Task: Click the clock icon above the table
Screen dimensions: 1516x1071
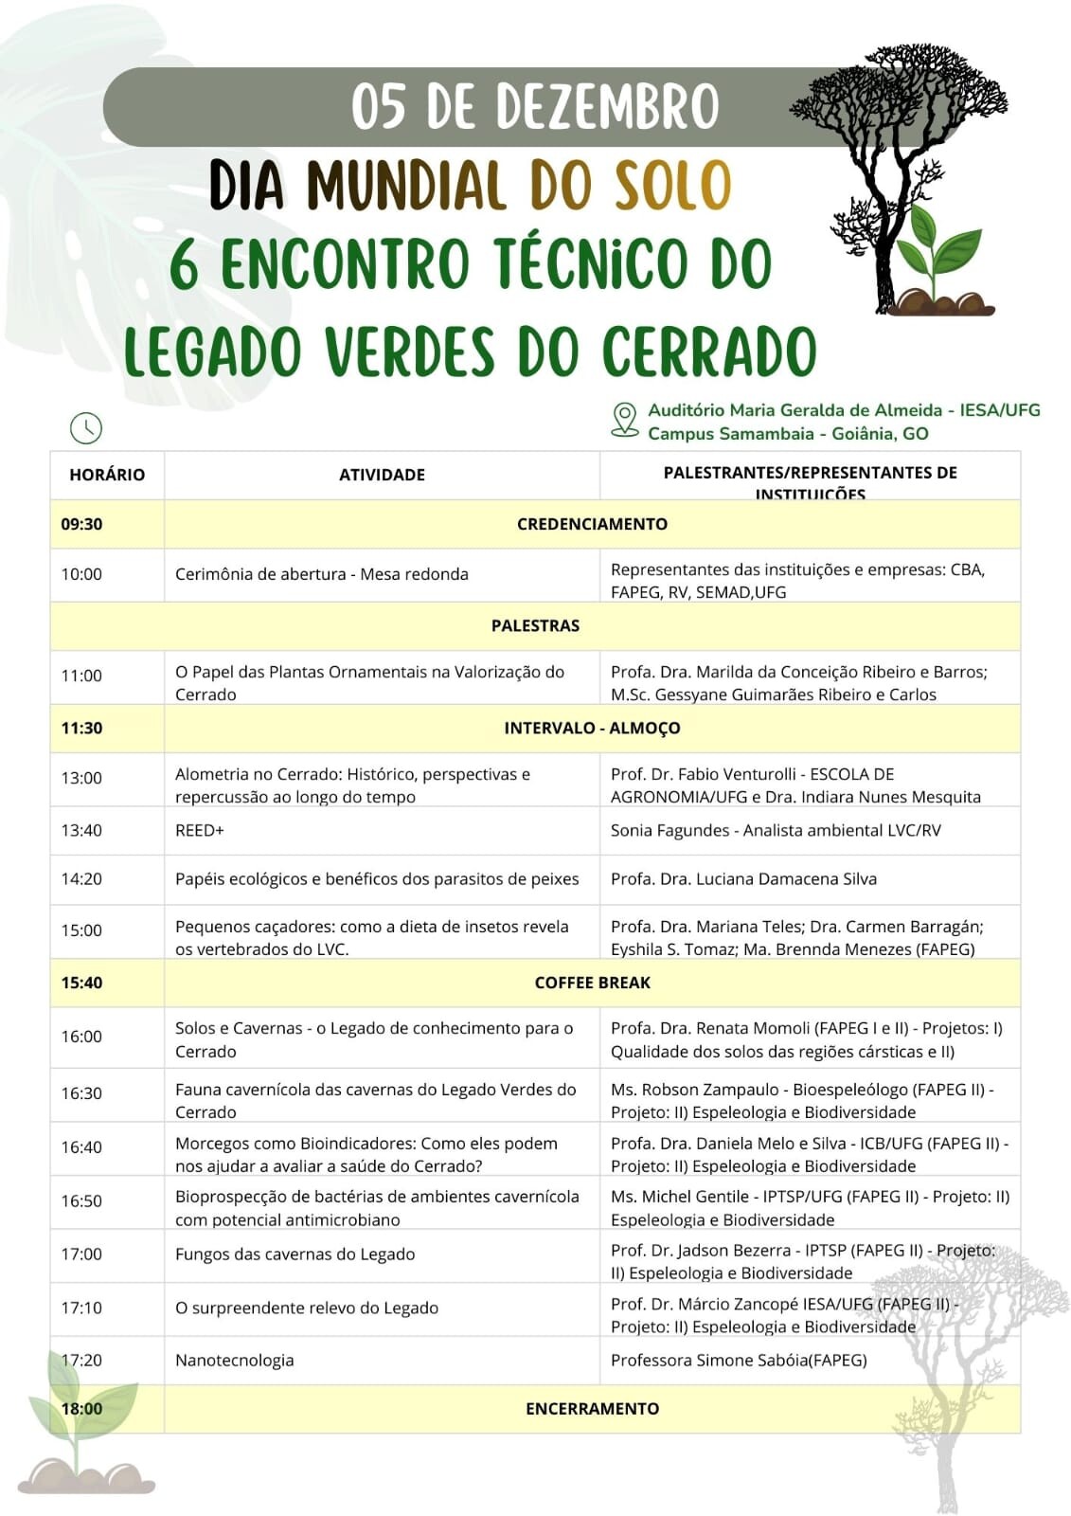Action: [86, 427]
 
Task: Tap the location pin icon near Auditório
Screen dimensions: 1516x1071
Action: [624, 419]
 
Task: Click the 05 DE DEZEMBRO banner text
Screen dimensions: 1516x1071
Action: [535, 106]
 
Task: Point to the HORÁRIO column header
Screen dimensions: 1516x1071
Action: [107, 475]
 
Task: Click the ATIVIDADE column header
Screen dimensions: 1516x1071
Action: [382, 475]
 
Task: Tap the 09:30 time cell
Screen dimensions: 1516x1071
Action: [82, 524]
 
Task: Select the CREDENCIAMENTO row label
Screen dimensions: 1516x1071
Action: [592, 524]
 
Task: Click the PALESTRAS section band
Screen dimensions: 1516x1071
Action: [535, 625]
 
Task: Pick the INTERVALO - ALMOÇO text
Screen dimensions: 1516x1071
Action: [592, 728]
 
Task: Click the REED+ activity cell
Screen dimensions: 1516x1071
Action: [200, 830]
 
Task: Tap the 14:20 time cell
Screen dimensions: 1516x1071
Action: [82, 878]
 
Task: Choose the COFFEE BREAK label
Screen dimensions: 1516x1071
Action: [592, 983]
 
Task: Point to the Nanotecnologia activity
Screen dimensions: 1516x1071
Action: [235, 1360]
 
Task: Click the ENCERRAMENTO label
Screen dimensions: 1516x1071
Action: [592, 1408]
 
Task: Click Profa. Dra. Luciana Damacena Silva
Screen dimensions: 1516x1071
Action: [743, 878]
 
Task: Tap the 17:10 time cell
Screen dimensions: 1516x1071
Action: [82, 1308]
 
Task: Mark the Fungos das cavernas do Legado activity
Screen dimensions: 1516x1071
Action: [295, 1254]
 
